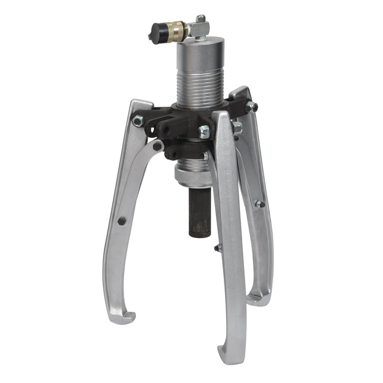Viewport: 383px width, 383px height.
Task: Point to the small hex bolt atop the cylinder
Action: (x=201, y=20)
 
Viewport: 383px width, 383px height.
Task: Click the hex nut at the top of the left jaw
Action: (x=138, y=121)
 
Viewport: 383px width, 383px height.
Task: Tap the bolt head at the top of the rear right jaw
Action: (x=252, y=107)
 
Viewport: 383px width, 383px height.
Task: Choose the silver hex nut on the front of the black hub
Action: (x=204, y=132)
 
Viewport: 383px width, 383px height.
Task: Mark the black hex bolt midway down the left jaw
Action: (x=121, y=221)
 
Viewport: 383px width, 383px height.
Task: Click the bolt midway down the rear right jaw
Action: (x=259, y=204)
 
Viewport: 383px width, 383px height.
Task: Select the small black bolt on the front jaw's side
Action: (x=219, y=248)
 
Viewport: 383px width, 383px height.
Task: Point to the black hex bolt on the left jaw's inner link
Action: (x=157, y=146)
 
